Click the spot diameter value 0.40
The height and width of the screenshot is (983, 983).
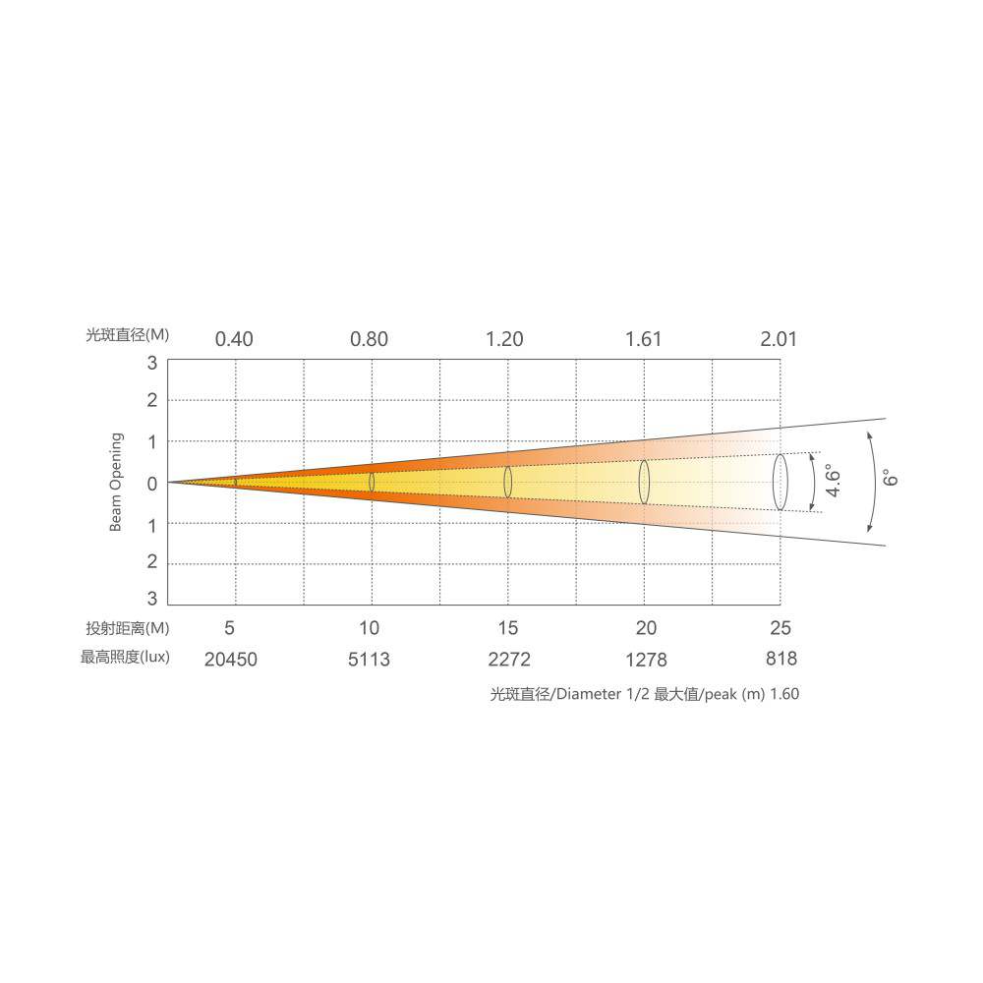point(234,339)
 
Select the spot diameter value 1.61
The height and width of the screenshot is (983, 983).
point(643,339)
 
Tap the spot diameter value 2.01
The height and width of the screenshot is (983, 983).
point(779,339)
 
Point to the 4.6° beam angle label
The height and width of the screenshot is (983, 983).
point(833,481)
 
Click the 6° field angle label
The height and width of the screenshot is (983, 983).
point(891,478)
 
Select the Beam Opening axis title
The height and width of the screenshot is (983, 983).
point(116,482)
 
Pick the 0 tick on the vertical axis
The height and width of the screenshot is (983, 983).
point(151,484)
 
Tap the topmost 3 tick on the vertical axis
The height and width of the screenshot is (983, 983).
point(151,363)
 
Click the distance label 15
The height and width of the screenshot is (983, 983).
point(508,627)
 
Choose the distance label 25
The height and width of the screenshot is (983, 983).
point(781,627)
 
